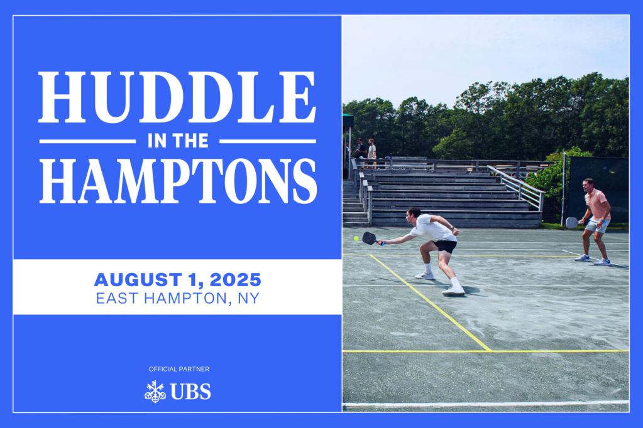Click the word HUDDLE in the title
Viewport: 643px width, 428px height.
pos(177,97)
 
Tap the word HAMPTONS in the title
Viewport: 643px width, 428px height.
pos(178,181)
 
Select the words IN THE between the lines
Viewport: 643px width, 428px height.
pos(178,141)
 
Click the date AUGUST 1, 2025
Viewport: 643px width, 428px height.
pos(177,280)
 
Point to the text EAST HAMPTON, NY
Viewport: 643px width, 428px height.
pos(177,298)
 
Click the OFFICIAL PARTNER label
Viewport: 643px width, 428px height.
pos(179,369)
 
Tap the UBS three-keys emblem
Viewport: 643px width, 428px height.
pos(155,392)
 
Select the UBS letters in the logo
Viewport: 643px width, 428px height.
pos(190,392)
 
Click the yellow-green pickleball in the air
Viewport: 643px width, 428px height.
pos(356,238)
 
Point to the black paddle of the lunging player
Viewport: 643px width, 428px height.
pos(370,238)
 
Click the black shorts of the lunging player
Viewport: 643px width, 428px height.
pos(445,246)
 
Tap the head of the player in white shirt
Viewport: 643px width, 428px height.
pos(414,215)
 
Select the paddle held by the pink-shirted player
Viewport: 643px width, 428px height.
pos(571,222)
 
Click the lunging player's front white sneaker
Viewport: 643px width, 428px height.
pos(453,291)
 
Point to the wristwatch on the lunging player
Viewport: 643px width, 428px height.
pos(451,228)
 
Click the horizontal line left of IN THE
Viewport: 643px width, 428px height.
pos(87,141)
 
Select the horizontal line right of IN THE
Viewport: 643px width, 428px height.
pos(268,141)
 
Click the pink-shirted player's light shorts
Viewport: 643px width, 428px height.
pos(597,225)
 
